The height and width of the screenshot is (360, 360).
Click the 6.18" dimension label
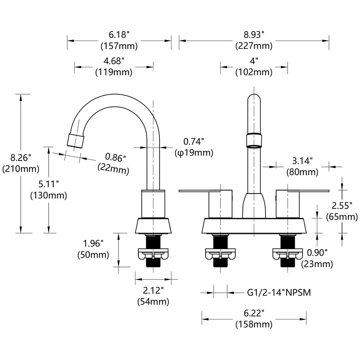click(x=119, y=35)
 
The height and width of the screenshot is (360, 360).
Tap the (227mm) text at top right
click(x=254, y=46)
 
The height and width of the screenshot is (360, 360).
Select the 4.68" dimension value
click(x=114, y=61)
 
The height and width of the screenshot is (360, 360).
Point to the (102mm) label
click(x=254, y=72)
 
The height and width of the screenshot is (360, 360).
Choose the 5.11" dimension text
click(x=48, y=184)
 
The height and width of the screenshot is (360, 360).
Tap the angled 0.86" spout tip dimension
click(x=115, y=157)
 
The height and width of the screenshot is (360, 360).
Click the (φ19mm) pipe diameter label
click(x=193, y=153)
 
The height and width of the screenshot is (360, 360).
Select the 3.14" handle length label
click(x=302, y=161)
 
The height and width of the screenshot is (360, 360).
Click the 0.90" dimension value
click(x=317, y=252)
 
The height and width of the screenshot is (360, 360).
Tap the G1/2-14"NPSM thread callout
click(x=278, y=292)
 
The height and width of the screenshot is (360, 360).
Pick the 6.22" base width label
click(x=254, y=313)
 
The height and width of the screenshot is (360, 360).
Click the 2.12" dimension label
click(x=153, y=290)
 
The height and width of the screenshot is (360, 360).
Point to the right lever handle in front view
click(x=304, y=191)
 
